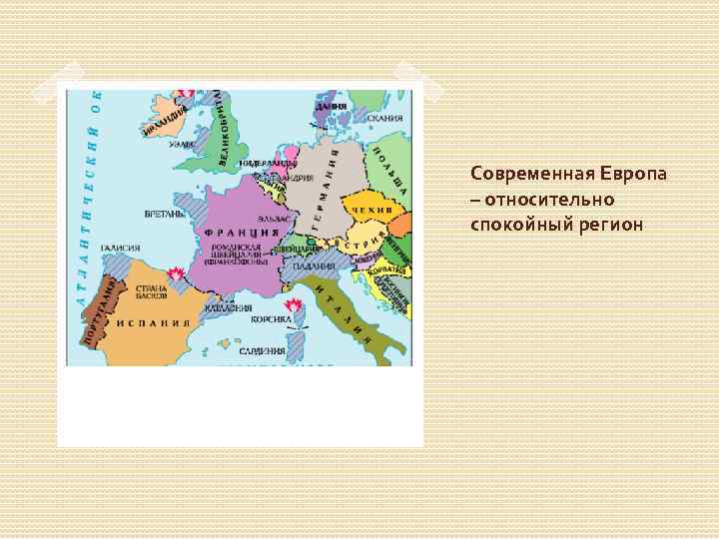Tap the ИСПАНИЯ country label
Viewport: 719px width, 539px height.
point(154,323)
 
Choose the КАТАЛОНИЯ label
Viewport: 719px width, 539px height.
point(228,308)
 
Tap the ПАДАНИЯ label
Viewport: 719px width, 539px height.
point(314,265)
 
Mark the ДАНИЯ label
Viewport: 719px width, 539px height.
point(332,105)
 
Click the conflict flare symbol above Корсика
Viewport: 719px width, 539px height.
point(294,304)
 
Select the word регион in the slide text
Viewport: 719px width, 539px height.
point(611,223)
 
